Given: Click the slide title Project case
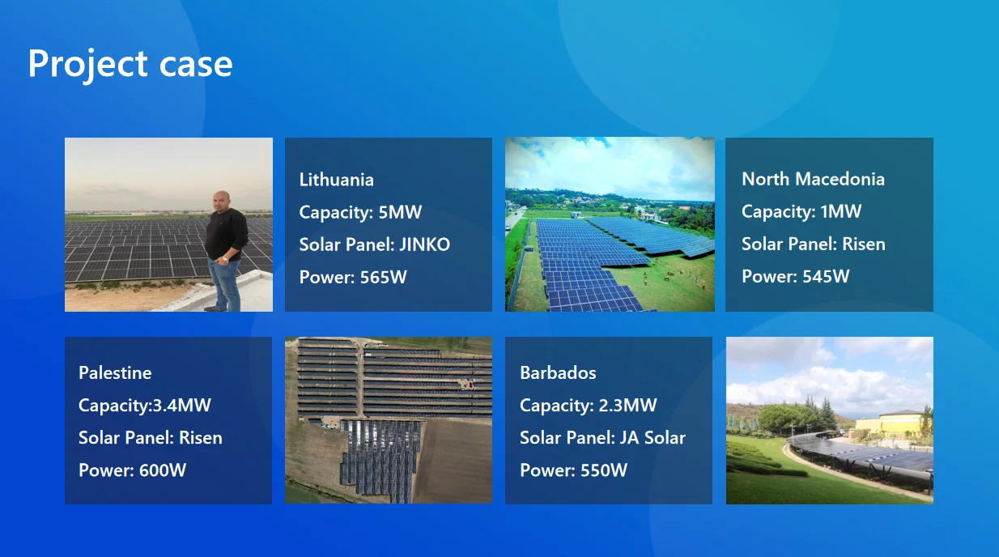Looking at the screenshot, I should pyautogui.click(x=130, y=64).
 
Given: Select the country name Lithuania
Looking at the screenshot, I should pyautogui.click(x=336, y=180).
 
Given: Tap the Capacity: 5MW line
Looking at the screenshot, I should pyautogui.click(x=360, y=212).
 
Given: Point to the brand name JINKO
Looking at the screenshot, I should pyautogui.click(x=424, y=244).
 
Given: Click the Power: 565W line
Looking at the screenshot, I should pyautogui.click(x=353, y=277).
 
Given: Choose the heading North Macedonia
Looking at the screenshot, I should pyautogui.click(x=813, y=179).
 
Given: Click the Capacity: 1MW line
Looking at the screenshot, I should pyautogui.click(x=801, y=211).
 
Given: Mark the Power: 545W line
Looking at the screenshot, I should pyautogui.click(x=795, y=276).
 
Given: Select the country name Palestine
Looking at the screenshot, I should pyautogui.click(x=115, y=372).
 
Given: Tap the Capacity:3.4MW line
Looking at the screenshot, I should pyautogui.click(x=144, y=405).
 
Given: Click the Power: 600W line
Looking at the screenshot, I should pyautogui.click(x=132, y=470).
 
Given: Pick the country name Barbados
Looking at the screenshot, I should pyautogui.click(x=558, y=372).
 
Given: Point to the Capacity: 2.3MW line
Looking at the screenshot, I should pyautogui.click(x=588, y=405).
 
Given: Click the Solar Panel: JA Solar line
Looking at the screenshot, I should pyautogui.click(x=602, y=437).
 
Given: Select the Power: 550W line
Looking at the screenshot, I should pyautogui.click(x=573, y=470).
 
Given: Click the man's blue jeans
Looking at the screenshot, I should pyautogui.click(x=224, y=283).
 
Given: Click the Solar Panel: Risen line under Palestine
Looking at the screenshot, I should pyautogui.click(x=150, y=437).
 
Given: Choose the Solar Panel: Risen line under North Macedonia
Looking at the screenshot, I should pyautogui.click(x=813, y=244).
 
